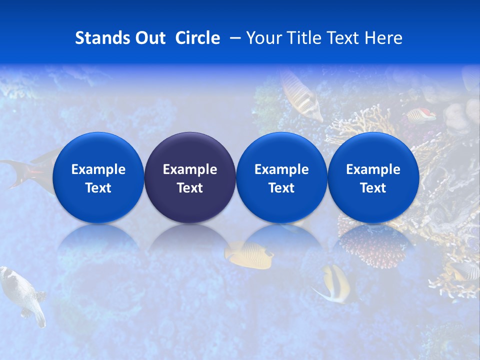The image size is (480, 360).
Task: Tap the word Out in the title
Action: (x=149, y=38)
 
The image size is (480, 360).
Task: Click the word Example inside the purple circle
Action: (x=190, y=169)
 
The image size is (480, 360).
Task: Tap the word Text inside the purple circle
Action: (x=190, y=188)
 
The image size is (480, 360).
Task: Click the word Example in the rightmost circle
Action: (x=373, y=169)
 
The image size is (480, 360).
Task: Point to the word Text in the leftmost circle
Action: (x=98, y=188)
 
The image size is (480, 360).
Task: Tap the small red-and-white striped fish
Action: (x=421, y=115)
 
